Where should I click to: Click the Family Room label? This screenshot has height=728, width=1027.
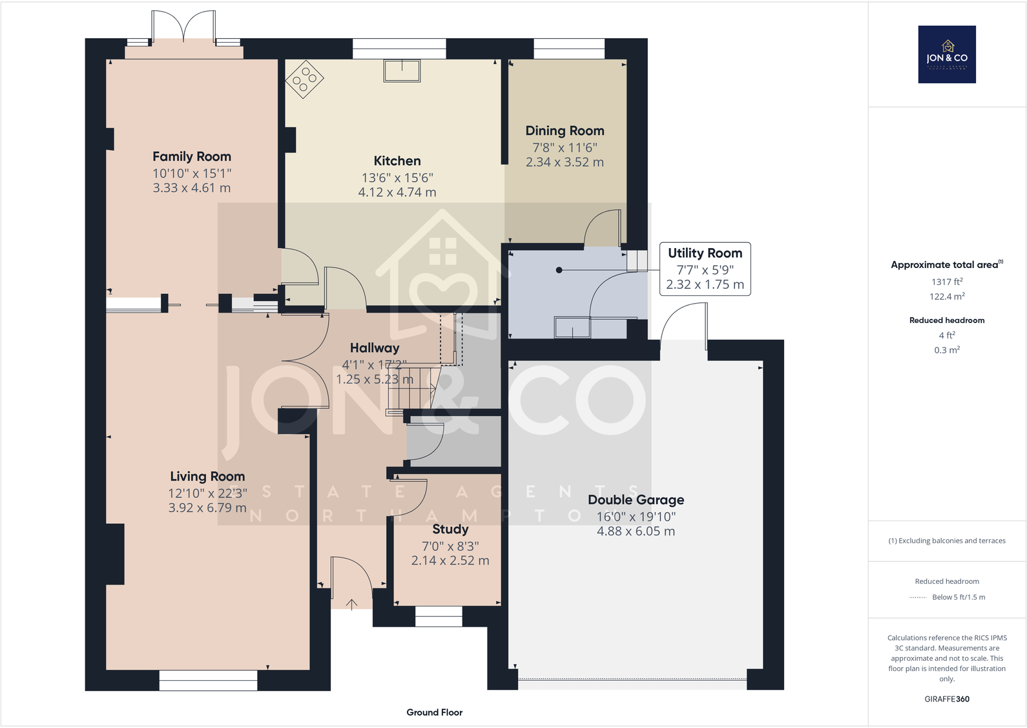coord(191,156)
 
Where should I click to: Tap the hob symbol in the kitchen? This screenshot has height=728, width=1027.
coord(304,79)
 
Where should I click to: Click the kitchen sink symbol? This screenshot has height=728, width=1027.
coord(402,70)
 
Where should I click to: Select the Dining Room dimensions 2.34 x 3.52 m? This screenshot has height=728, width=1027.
coord(565,162)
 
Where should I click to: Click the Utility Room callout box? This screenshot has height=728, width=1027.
coord(705,269)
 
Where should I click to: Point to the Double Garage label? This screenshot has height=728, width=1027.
coord(636,499)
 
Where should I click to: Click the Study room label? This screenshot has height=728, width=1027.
coord(450,529)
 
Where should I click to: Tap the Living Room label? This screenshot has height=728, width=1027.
coord(207,476)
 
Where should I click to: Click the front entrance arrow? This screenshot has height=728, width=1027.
coord(351,605)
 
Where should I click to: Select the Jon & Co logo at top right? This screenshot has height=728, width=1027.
coord(947,54)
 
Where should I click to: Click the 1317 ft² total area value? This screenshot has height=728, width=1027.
coord(947,282)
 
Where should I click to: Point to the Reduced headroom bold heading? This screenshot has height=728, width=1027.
coord(947,320)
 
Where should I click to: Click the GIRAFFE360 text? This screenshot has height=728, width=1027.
coord(947,699)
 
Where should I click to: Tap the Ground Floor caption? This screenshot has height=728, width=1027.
coord(434,712)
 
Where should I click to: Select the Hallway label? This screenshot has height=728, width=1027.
coord(375,348)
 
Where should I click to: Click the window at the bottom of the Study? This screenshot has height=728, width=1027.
coord(439,616)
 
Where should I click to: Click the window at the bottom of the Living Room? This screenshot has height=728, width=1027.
coord(208,680)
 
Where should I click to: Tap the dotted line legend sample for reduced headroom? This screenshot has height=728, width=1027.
coord(917,598)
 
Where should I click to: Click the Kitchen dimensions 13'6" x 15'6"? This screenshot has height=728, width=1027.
coord(397,178)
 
